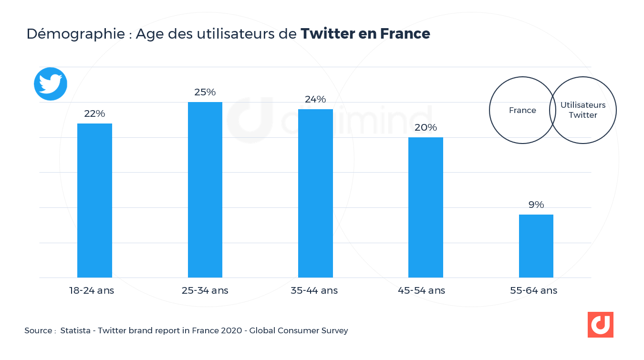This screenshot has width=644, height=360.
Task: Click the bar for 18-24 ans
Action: click(x=94, y=200)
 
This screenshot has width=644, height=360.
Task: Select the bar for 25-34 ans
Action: click(x=205, y=190)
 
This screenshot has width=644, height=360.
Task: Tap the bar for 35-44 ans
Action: click(x=315, y=193)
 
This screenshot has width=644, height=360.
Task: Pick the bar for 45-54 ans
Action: click(x=426, y=207)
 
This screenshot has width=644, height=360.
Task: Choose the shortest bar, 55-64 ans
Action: click(x=536, y=246)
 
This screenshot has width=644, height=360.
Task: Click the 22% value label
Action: click(x=94, y=114)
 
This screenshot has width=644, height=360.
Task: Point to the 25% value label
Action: click(x=205, y=92)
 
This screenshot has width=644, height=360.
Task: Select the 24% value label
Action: click(x=315, y=99)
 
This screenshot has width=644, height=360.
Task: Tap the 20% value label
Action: click(x=426, y=127)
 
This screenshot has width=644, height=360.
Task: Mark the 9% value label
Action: click(x=536, y=205)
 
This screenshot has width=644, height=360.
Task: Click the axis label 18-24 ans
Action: click(x=92, y=290)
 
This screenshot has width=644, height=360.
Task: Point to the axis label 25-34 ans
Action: click(x=205, y=290)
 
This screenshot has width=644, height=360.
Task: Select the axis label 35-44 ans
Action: click(x=314, y=290)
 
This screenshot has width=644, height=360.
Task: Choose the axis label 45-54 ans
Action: click(x=421, y=290)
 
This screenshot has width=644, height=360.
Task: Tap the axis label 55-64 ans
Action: click(x=533, y=290)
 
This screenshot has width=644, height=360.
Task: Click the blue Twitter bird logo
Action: click(x=51, y=84)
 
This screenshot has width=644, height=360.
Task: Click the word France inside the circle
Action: click(x=522, y=110)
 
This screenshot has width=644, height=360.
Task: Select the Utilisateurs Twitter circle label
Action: click(x=583, y=110)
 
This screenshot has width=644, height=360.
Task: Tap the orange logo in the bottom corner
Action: click(x=600, y=325)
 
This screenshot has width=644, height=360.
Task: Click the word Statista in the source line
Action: click(x=75, y=330)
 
